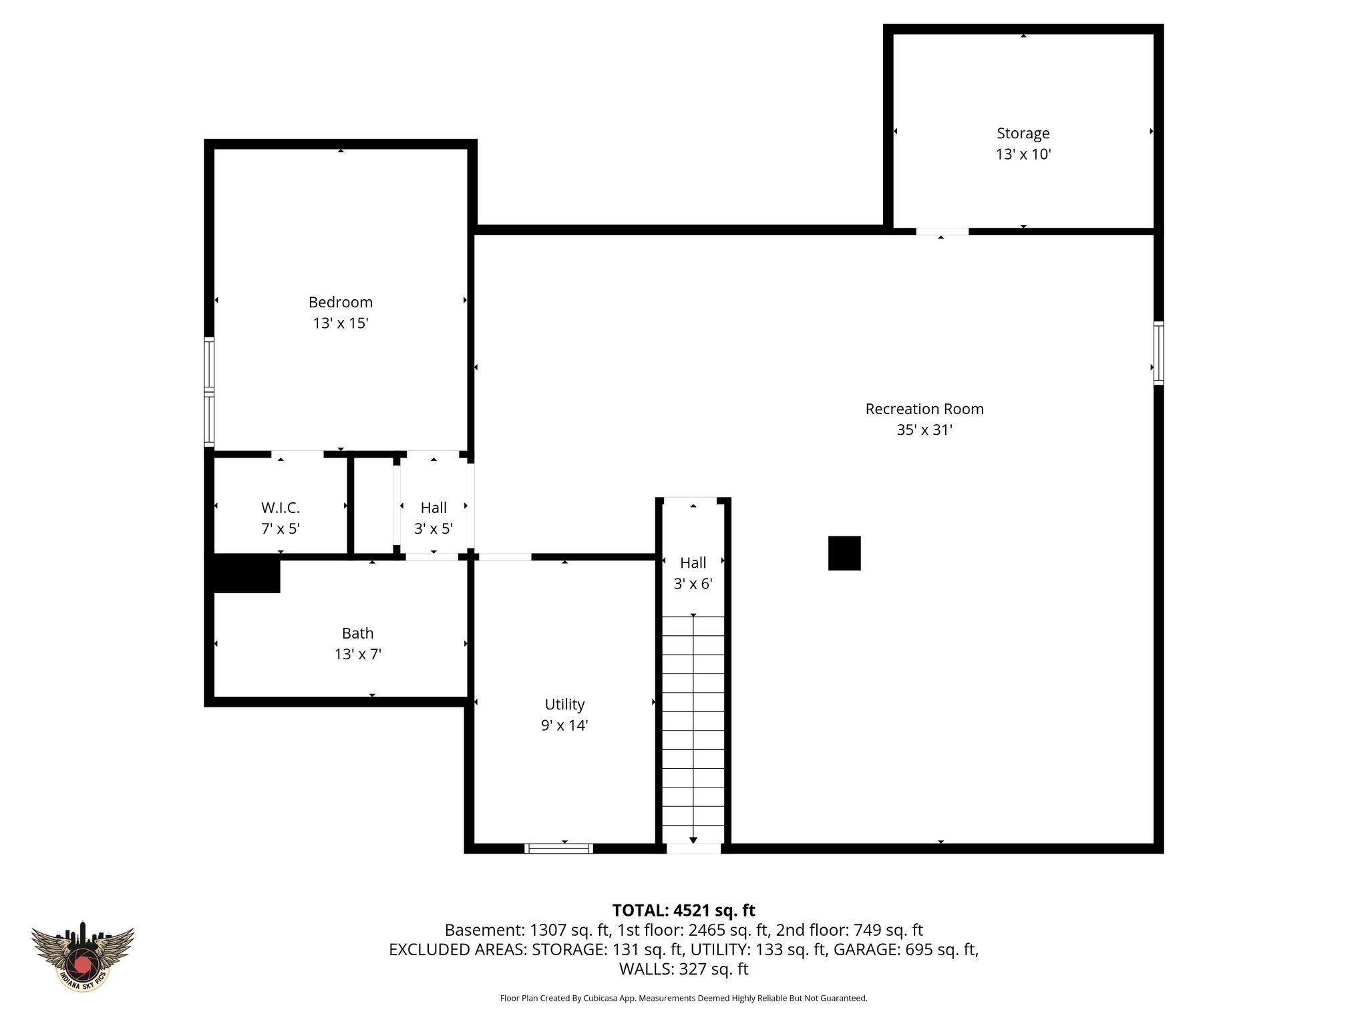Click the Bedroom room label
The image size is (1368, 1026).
[340, 302]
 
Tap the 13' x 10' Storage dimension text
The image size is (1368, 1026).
[1023, 154]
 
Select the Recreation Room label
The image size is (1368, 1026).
[924, 409]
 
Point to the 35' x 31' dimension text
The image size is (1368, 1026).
[924, 430]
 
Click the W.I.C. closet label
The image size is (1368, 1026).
[280, 508]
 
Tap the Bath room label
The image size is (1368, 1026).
[357, 633]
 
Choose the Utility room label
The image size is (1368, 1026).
[564, 704]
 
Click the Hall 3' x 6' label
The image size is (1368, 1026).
[693, 563]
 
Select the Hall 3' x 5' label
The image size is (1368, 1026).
[434, 508]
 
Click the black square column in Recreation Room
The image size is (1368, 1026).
[844, 553]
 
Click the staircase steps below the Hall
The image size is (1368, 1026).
[693, 728]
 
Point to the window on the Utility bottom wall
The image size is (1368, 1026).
[558, 848]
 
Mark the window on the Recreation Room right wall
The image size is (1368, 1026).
[1158, 353]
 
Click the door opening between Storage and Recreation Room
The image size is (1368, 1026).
[942, 232]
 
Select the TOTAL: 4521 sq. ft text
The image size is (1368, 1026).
[683, 910]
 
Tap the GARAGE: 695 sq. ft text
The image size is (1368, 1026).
[905, 949]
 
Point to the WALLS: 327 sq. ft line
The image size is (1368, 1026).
[683, 969]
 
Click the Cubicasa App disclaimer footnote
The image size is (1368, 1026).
[683, 998]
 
